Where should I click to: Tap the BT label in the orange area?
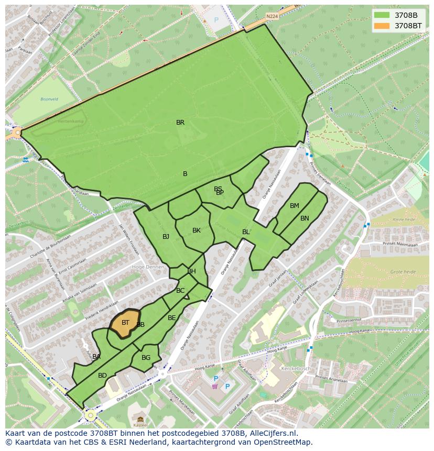[x=125, y=323]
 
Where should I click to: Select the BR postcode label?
[x=180, y=123]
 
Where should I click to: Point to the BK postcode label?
[x=197, y=230]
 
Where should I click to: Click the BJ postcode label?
[x=166, y=237]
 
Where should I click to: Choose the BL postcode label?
[x=246, y=232]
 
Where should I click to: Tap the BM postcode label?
[x=295, y=206]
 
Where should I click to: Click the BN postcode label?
[x=305, y=218]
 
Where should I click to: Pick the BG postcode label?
[x=146, y=358]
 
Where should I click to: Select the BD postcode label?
[x=102, y=376]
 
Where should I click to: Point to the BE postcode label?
[x=172, y=318]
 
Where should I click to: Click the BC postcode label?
[x=180, y=291]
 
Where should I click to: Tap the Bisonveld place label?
[x=50, y=99]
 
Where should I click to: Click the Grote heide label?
[x=403, y=272]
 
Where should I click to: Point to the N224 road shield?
[x=272, y=16]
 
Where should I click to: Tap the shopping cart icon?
[x=214, y=387]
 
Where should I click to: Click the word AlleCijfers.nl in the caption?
[x=272, y=433]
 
